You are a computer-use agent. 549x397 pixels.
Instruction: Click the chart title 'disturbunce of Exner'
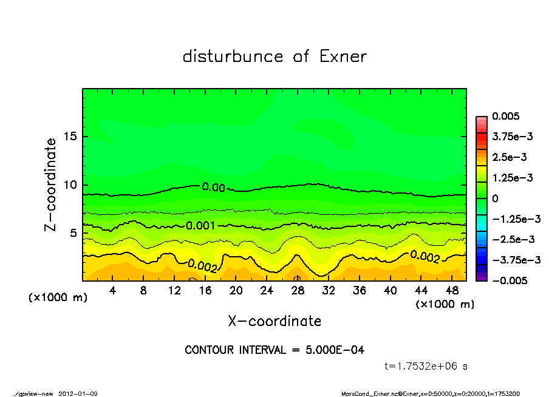pos(274,57)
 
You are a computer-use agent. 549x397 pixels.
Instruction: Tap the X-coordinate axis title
pos(274,321)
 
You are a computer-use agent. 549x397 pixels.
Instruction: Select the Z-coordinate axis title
pos(51,185)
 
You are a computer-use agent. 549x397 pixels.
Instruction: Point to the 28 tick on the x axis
pos(298,290)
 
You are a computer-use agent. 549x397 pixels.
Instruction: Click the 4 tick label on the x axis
pos(113,290)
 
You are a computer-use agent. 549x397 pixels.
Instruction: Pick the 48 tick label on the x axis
pos(451,290)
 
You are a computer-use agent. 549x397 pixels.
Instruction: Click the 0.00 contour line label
pos(214,188)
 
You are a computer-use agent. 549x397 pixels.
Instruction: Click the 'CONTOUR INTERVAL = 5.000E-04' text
pos(274,350)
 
